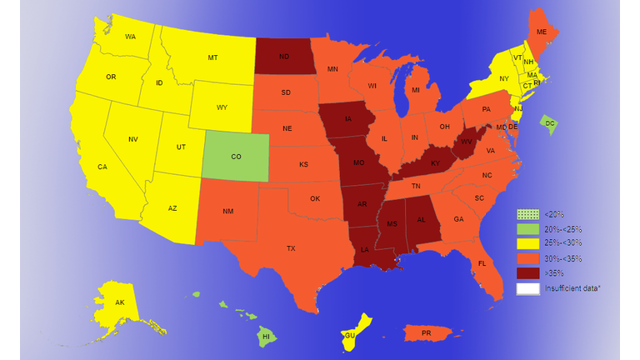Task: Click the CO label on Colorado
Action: tap(236, 156)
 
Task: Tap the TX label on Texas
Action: tap(291, 248)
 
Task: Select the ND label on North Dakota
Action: tap(284, 57)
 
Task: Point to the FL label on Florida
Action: tap(482, 263)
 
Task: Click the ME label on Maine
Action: tap(542, 32)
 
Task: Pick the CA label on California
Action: tap(102, 167)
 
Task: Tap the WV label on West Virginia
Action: tap(467, 142)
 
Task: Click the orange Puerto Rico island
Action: tap(427, 332)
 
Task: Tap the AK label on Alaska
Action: tap(120, 302)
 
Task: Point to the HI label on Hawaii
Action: tap(267, 337)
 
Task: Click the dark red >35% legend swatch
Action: tap(527, 273)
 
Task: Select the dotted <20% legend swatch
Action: tap(527, 214)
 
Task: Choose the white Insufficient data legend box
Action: tap(527, 288)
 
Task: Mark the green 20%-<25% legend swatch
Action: tap(527, 229)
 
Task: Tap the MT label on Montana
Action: tap(212, 57)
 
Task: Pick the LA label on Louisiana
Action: tap(364, 249)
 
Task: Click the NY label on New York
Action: tap(503, 78)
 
